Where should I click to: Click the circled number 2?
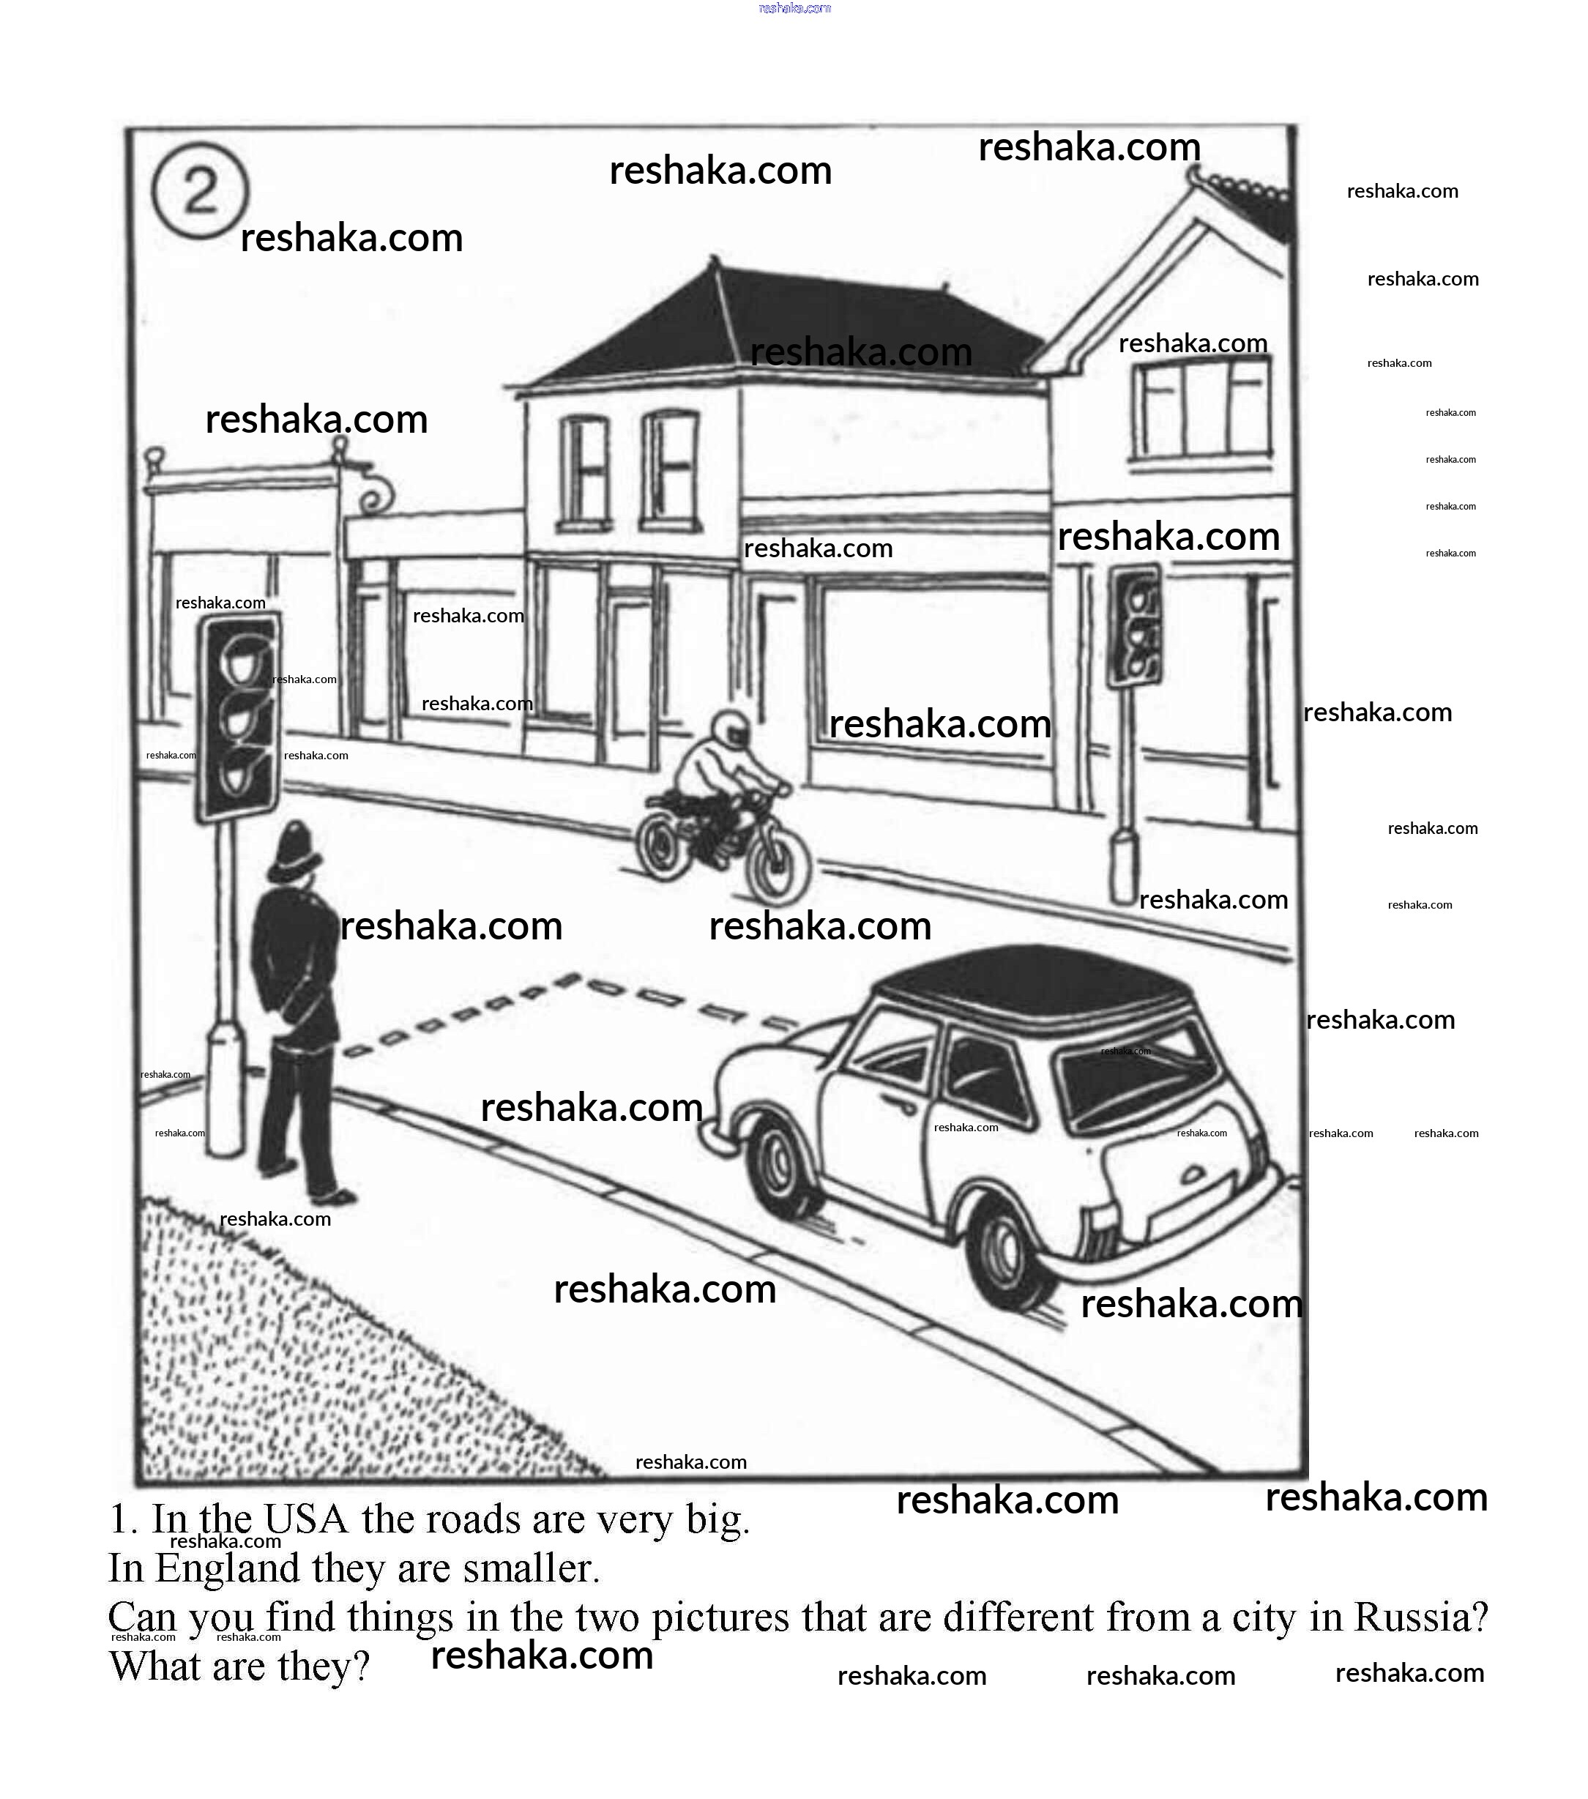(x=200, y=191)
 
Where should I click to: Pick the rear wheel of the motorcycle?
(x=663, y=843)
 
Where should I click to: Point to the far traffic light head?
(x=1134, y=624)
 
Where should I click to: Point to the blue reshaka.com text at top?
(x=794, y=8)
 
